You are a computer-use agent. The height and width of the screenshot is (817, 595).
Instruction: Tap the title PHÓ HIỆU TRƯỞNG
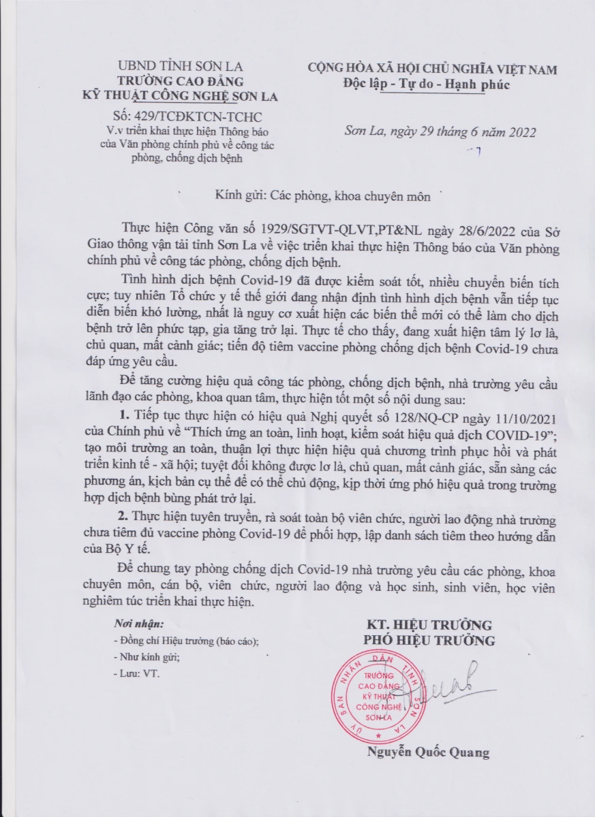tap(429, 641)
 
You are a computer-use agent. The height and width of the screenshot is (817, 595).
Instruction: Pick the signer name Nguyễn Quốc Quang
tap(428, 753)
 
